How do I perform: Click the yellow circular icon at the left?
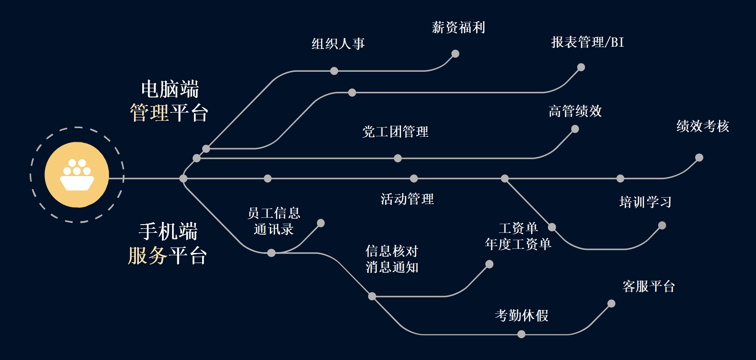(x=77, y=175)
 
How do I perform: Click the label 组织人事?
(x=338, y=44)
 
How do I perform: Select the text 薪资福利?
(x=458, y=27)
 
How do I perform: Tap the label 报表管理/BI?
(x=587, y=43)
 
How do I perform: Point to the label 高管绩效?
(x=575, y=111)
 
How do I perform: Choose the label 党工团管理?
(x=395, y=132)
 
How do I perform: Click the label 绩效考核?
(x=702, y=126)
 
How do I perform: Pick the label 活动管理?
(x=407, y=199)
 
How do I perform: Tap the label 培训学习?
(x=645, y=202)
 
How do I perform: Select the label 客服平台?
(x=649, y=286)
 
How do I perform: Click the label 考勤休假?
(x=521, y=316)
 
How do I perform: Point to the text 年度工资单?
(x=518, y=244)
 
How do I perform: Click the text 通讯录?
(x=273, y=229)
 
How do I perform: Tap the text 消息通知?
(x=392, y=267)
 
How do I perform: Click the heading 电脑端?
(x=170, y=89)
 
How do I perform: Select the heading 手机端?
(x=168, y=231)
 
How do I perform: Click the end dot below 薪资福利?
(x=455, y=54)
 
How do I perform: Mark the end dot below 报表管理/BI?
(x=581, y=67)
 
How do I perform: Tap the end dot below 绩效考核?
(x=699, y=158)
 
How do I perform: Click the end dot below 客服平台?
(x=611, y=304)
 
